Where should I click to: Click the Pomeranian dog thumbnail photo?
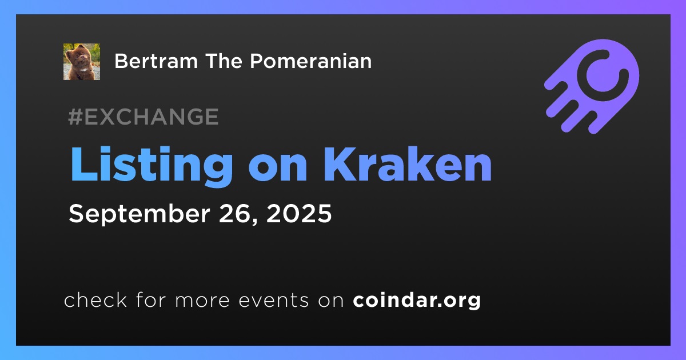[81, 62]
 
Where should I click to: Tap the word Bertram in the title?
[156, 61]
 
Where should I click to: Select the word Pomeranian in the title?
[311, 61]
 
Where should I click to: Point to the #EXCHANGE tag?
[143, 117]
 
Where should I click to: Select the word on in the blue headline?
[278, 169]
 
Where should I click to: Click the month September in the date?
[139, 214]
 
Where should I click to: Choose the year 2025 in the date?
[299, 213]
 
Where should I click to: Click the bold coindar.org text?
[417, 301]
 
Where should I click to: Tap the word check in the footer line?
[95, 299]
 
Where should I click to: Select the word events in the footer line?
[274, 301]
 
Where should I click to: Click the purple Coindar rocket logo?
[592, 86]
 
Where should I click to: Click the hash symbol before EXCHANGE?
[75, 117]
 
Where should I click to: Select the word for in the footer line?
[151, 299]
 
